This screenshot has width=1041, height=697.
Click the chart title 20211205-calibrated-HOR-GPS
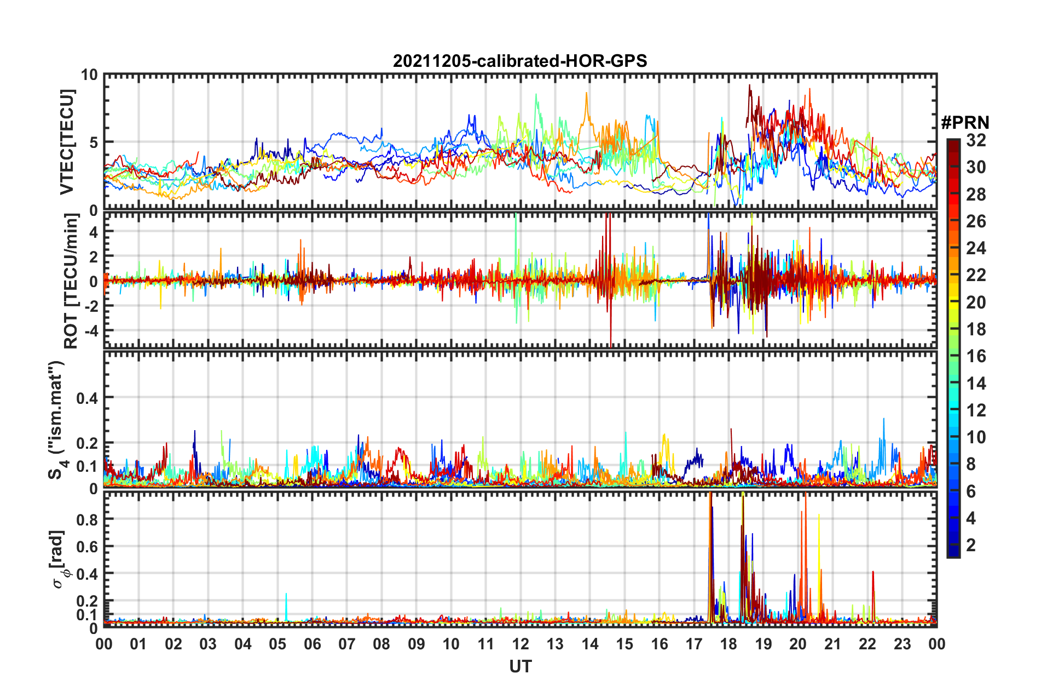[x=520, y=61]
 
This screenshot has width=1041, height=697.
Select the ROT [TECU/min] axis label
[x=71, y=281]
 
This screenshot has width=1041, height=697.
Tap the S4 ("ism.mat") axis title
[x=57, y=420]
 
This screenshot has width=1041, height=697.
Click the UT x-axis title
[x=520, y=666]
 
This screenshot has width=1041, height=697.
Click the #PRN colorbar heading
[x=965, y=123]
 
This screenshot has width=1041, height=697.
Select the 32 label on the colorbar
[x=976, y=140]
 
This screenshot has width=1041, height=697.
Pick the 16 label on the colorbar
[x=976, y=356]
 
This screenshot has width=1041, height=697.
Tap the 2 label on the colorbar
[x=971, y=545]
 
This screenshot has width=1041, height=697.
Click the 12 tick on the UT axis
[x=520, y=644]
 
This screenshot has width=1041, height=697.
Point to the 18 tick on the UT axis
[x=728, y=644]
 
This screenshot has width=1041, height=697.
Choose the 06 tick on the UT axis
[x=313, y=644]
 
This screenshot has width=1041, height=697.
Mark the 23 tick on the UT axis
[x=902, y=644]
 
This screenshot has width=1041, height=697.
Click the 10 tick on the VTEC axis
[x=89, y=75]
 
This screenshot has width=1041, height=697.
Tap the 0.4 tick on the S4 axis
[x=87, y=398]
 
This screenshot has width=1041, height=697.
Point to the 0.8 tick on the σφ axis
[x=87, y=519]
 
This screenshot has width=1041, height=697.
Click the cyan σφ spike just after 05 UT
[x=286, y=597]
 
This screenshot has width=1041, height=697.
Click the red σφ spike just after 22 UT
[x=873, y=575]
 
